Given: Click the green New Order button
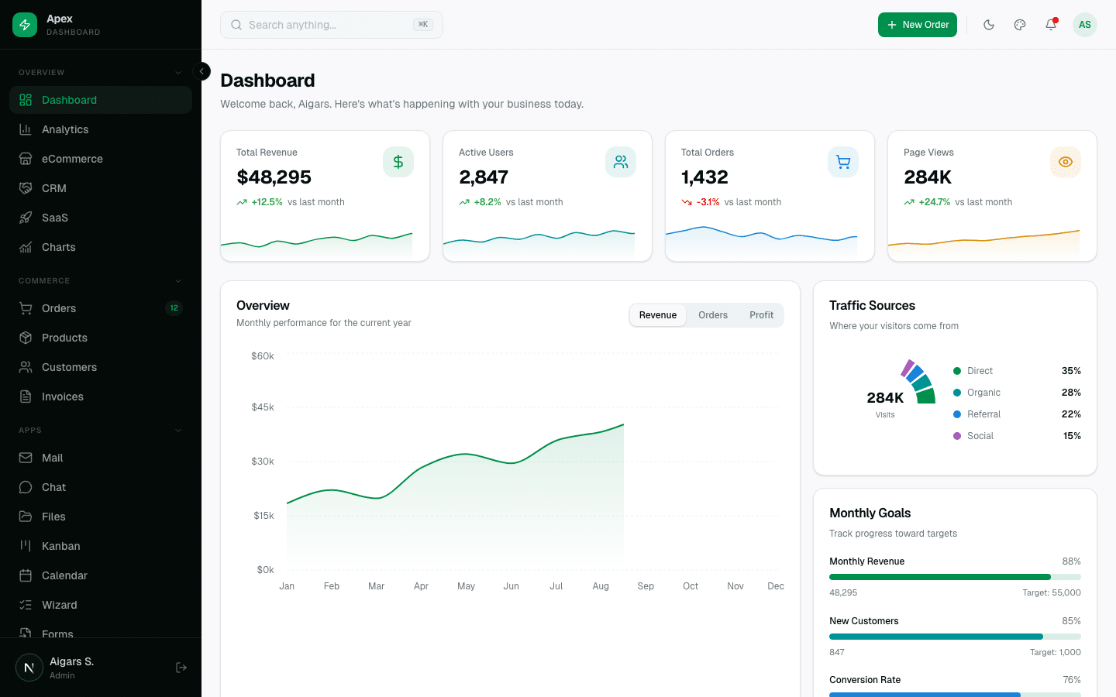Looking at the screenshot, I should click(x=917, y=25).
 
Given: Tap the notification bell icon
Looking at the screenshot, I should click(x=1051, y=25).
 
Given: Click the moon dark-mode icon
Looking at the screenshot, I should click(x=989, y=25).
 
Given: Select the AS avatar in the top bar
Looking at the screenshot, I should click(x=1084, y=25).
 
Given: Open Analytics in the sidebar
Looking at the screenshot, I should click(x=65, y=129).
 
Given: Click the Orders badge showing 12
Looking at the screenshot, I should click(x=174, y=308).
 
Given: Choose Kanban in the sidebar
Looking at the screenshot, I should click(x=60, y=546).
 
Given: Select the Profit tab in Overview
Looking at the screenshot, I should click(x=761, y=315).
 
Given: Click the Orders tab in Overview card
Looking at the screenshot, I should click(x=712, y=315).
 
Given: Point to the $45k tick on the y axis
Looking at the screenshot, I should click(x=263, y=407).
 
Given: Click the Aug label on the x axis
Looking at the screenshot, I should click(x=601, y=586).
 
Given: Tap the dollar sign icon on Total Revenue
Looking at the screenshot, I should click(x=398, y=162).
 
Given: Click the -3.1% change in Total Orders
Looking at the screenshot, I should click(x=708, y=202).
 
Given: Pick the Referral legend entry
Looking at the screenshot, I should click(x=983, y=414).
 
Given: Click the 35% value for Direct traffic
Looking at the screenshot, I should click(x=1071, y=371).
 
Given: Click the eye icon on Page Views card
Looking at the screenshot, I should click(x=1065, y=162).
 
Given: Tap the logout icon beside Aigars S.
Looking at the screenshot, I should click(x=181, y=668).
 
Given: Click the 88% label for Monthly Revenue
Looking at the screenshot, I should click(x=1071, y=561).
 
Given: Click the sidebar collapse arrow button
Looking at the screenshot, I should click(x=201, y=71).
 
